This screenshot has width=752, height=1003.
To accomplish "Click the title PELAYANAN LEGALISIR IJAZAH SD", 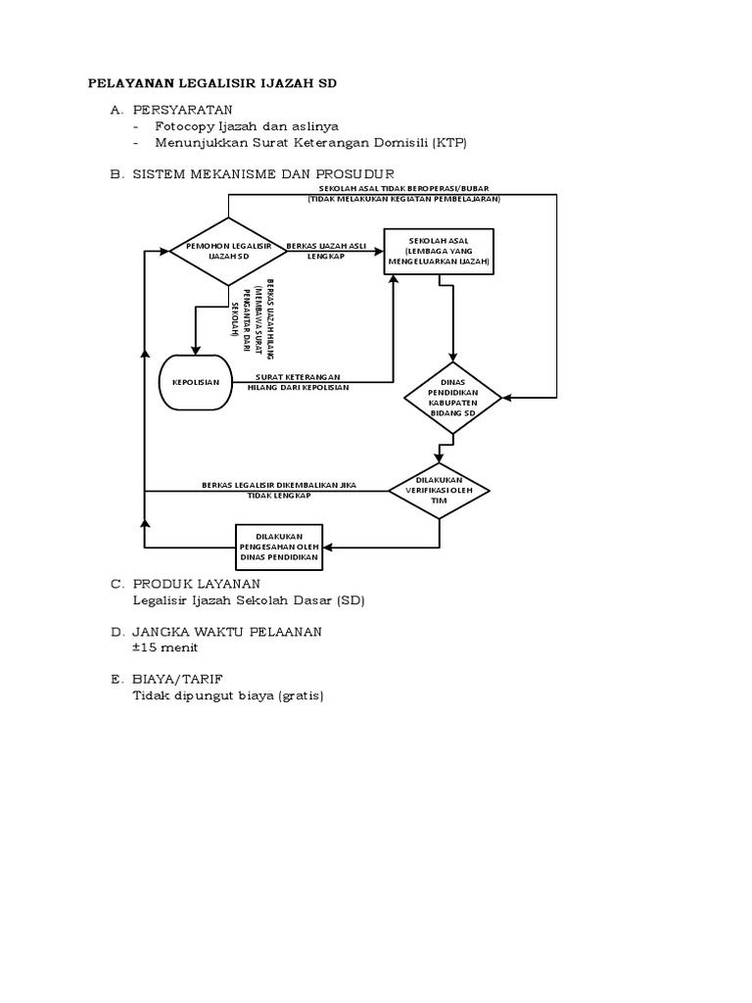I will tap(212, 84).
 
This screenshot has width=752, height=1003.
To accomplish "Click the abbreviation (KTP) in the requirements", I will tap(449, 143).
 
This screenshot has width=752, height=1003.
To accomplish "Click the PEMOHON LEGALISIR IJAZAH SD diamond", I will tap(228, 251).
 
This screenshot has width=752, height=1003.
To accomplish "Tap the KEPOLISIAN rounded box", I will tap(196, 380).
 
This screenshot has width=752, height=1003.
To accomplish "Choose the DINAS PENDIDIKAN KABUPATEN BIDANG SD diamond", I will tap(452, 398).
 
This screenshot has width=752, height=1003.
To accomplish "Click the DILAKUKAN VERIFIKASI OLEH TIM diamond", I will tap(440, 490).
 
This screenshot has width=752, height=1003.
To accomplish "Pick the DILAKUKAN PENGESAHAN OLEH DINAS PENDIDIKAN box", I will tap(278, 547).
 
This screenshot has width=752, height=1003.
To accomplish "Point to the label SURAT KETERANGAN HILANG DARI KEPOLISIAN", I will tap(301, 382).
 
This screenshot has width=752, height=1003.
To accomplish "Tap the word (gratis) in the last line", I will tap(300, 696).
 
